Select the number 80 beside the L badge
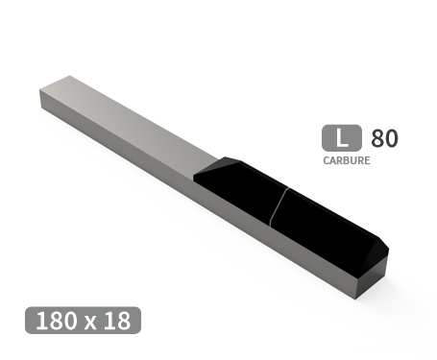pos(383,138)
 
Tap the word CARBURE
pos(347,160)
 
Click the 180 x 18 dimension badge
pos(84,320)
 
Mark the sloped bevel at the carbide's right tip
pos(378,246)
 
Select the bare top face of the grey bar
pos(125,115)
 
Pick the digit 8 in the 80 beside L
pos(376,138)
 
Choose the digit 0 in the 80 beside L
pos(391,138)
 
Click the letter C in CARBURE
pos(327,160)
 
